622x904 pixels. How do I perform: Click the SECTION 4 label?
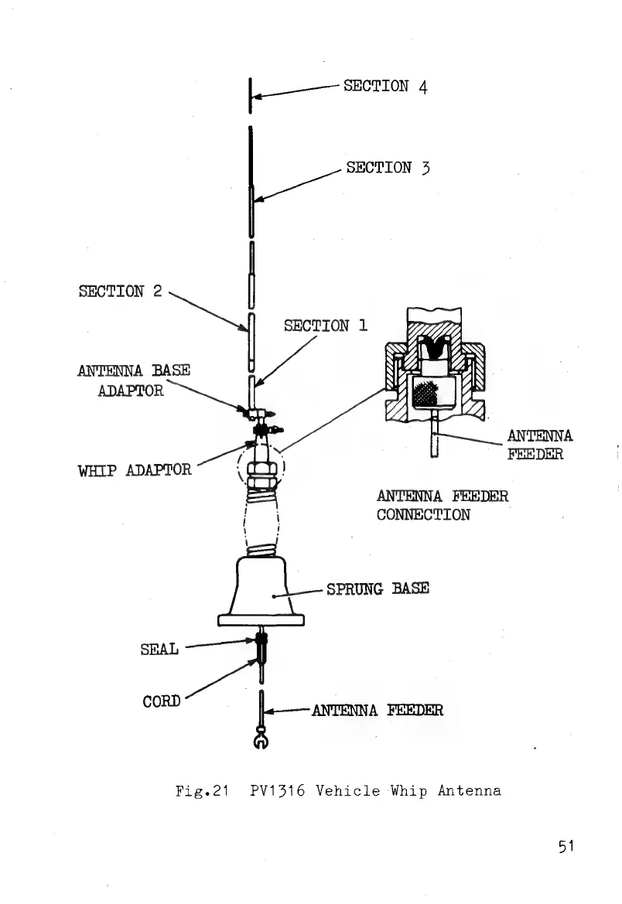click(x=385, y=85)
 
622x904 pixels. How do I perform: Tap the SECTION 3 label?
click(x=389, y=167)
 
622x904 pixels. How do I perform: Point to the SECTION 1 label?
click(x=325, y=326)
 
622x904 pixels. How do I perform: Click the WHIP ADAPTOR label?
click(x=135, y=469)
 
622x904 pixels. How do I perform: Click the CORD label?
click(x=162, y=701)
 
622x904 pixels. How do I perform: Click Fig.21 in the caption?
click(x=206, y=791)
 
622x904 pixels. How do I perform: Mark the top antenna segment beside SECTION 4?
click(x=251, y=95)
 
